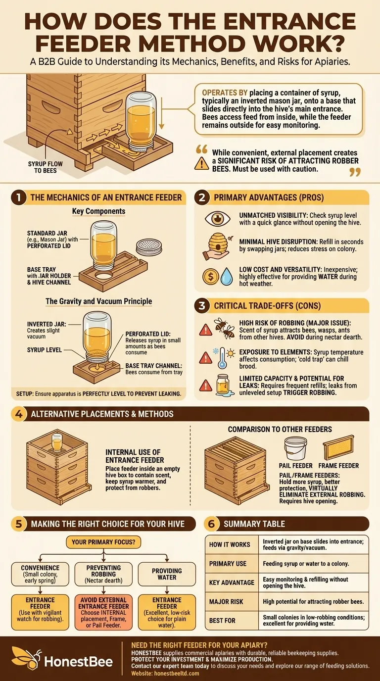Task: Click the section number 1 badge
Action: coord(18,197)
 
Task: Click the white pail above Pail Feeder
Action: coord(296,447)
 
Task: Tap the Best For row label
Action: coord(223,620)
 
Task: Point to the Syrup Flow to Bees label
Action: coord(42,167)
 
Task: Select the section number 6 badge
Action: coord(212,524)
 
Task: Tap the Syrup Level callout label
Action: coord(45,350)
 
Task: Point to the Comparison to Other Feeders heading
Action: coord(280,429)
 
